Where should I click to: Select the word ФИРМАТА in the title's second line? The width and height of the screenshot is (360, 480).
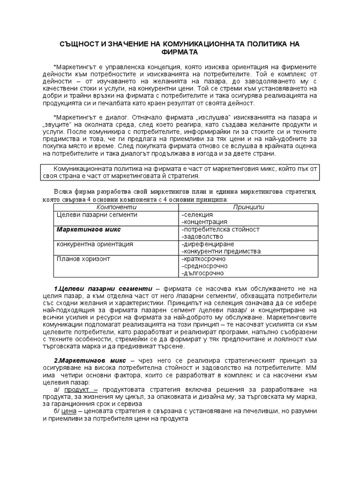[180, 52]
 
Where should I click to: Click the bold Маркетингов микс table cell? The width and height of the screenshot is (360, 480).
[89, 229]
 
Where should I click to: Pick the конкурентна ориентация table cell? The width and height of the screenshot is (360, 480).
[95, 244]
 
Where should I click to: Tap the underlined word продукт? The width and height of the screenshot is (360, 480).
[76, 390]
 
